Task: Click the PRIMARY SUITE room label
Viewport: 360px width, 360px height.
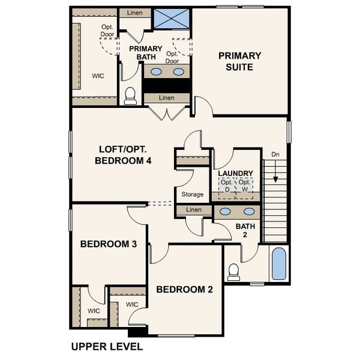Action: (239, 61)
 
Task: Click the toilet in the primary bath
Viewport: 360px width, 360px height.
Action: (130, 96)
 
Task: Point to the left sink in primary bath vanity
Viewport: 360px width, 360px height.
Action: (156, 72)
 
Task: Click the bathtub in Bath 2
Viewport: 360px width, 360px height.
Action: (279, 264)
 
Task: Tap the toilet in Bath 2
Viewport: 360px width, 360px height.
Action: (234, 272)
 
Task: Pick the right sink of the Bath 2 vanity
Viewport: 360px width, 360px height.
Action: (248, 212)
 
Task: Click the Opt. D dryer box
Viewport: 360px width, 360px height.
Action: (226, 186)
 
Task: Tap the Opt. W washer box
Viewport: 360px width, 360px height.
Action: (244, 186)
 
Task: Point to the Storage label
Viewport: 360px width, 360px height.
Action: (193, 194)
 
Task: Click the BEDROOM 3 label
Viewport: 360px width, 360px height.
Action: (109, 244)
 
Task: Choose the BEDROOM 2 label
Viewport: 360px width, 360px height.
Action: (184, 289)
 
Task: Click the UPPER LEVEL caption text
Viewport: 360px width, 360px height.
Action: (106, 347)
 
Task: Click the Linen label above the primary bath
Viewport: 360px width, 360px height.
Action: (134, 13)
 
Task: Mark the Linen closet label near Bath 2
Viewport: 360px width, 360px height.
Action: (194, 210)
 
